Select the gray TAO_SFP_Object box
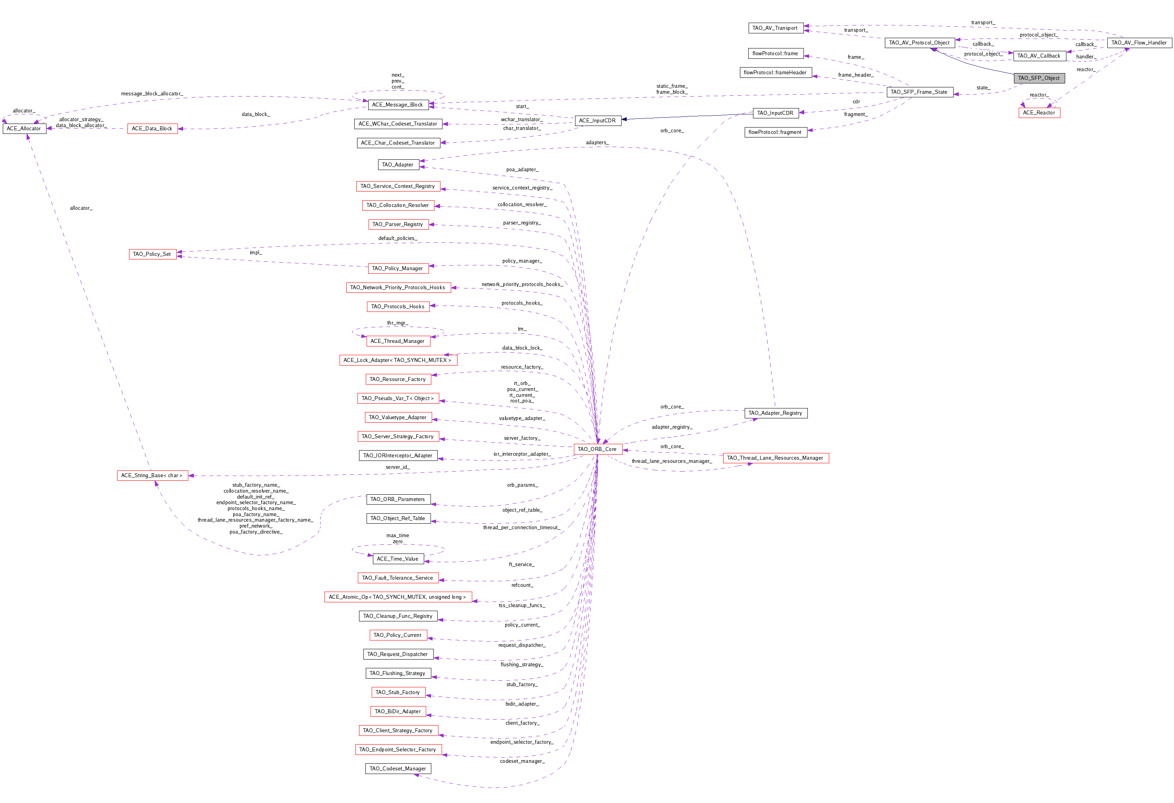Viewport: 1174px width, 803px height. click(x=1039, y=78)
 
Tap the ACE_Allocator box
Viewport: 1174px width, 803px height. click(x=24, y=129)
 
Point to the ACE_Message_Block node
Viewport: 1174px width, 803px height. click(x=398, y=104)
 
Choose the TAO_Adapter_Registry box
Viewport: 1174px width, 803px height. click(x=776, y=413)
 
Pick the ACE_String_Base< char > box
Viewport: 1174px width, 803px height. click(x=153, y=476)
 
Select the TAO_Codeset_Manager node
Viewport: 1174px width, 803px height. click(x=398, y=769)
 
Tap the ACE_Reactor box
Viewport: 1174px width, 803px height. click(x=1039, y=113)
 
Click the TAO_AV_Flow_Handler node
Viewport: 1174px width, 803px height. click(x=1139, y=43)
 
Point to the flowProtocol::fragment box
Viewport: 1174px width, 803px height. click(x=775, y=132)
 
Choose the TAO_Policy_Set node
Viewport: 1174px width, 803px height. click(x=153, y=254)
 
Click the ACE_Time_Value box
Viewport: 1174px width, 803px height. click(x=398, y=559)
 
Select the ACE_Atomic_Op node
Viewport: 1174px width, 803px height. click(x=398, y=597)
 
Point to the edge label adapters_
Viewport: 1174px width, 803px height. click(x=597, y=143)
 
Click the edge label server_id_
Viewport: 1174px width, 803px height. click(x=398, y=467)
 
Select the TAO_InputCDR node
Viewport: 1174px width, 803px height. click(x=775, y=113)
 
